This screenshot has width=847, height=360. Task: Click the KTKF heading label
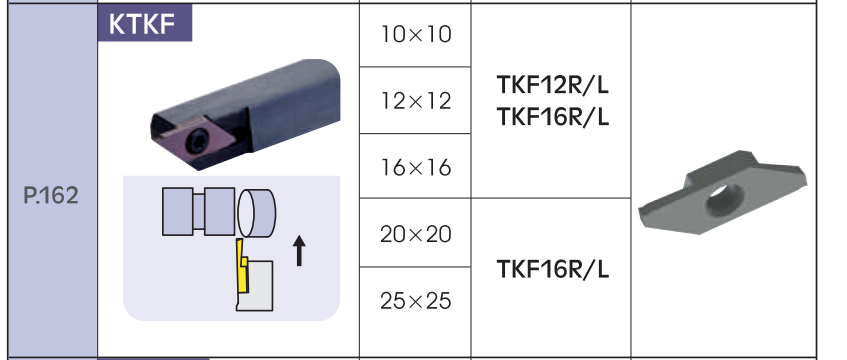143,24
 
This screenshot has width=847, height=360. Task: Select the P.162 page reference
51,196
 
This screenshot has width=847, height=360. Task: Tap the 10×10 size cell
416,35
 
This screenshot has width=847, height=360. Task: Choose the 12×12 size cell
416,101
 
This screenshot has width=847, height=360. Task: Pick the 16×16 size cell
416,168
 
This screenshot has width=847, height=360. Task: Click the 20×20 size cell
416,234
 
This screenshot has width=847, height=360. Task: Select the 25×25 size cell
416,301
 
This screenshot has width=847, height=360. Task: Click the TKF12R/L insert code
553,85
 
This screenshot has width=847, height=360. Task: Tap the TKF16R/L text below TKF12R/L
553,117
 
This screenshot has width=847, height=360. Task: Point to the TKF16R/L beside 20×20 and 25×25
553,269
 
